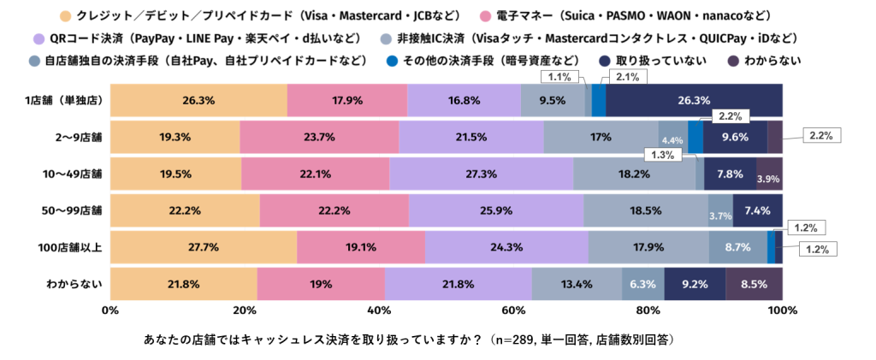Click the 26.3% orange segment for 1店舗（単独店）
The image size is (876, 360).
tap(198, 100)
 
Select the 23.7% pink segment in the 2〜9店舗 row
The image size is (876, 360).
tap(319, 137)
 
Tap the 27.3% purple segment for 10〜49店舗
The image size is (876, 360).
tap(481, 174)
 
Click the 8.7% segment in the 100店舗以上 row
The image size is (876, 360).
tap(737, 247)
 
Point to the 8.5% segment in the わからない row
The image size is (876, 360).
tap(754, 284)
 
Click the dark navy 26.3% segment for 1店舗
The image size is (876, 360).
tap(694, 100)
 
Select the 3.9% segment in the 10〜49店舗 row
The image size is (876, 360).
tap(768, 178)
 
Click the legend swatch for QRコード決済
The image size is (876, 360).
tap(38, 38)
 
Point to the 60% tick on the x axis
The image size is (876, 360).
tap(513, 311)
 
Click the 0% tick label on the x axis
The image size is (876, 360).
tap(109, 311)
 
